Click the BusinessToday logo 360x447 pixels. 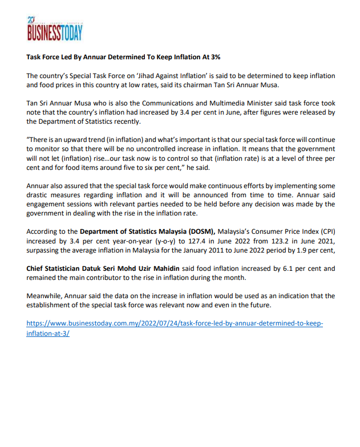(55, 29)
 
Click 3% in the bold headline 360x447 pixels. (214, 58)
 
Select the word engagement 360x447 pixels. (48, 204)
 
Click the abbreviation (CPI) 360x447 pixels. (326, 231)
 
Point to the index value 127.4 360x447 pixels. (171, 241)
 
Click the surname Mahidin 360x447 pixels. (151, 268)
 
